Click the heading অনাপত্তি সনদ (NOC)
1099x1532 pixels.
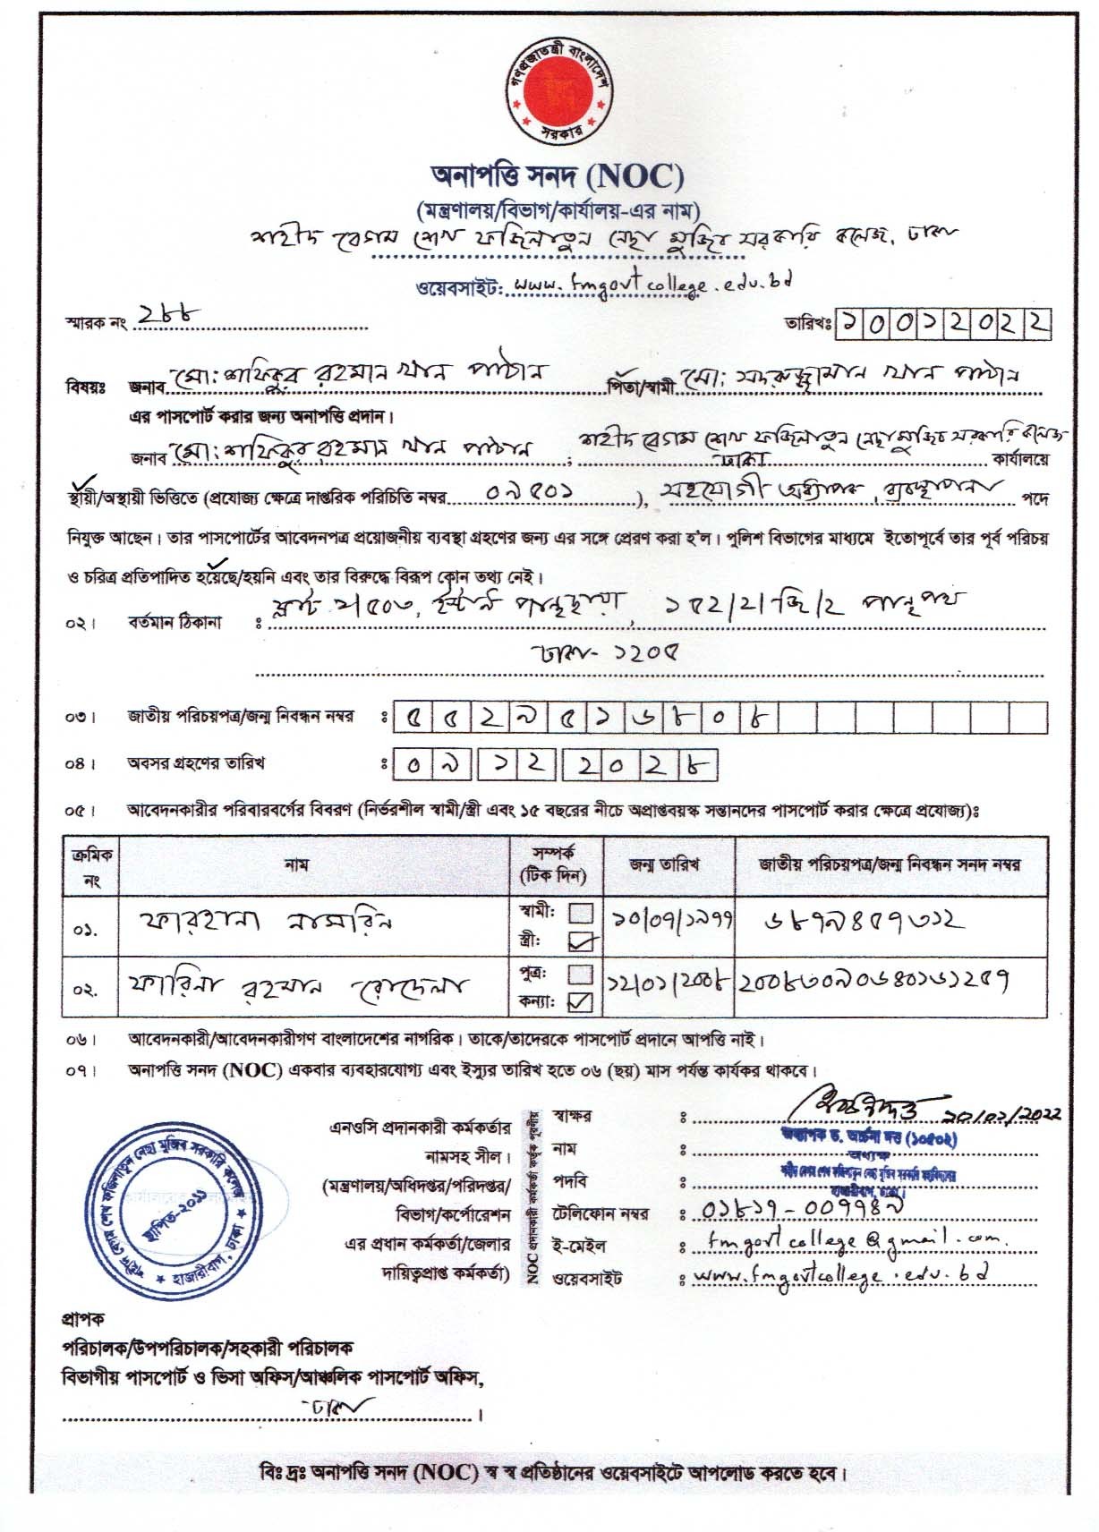pos(550,176)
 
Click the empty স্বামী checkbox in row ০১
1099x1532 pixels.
pos(582,914)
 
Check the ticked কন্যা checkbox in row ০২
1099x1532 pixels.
pos(581,1002)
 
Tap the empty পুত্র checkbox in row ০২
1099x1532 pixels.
pos(581,973)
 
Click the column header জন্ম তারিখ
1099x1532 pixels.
pos(665,864)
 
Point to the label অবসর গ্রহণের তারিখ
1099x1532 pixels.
pos(196,764)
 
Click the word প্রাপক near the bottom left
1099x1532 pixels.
pos(82,1319)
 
